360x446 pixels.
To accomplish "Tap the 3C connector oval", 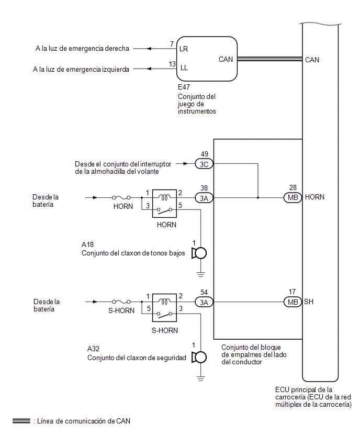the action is (204, 164).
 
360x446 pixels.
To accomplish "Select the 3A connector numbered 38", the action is (204, 198).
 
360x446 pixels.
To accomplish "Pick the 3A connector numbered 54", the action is (204, 302).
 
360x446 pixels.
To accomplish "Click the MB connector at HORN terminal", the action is (292, 197).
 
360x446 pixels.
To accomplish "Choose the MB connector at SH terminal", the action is (292, 302).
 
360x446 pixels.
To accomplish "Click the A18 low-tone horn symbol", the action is (199, 253).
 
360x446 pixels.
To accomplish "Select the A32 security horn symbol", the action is (199, 357).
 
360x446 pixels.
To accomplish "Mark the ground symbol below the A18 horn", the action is (201, 274).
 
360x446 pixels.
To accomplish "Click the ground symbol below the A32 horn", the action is (201, 378).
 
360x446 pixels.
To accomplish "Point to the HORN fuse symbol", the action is (121, 197).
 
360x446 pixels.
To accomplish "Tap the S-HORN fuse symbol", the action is (121, 302).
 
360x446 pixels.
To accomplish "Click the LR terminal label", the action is (184, 49).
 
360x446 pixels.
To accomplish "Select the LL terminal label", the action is (184, 68).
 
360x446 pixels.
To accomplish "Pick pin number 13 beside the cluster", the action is (172, 64).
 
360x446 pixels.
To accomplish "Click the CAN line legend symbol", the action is (21, 421).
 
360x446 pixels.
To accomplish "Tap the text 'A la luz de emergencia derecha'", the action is (82, 49).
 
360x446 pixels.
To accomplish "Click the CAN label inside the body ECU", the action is (312, 60).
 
